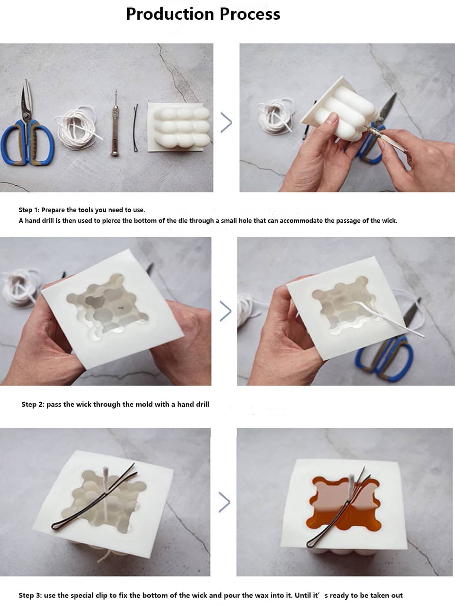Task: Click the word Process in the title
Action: tap(250, 14)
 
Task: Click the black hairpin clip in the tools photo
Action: tap(136, 128)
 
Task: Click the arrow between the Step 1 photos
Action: tap(226, 122)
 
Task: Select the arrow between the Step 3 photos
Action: tap(224, 502)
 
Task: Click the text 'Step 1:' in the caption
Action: tap(29, 210)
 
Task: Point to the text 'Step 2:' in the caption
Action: tap(33, 404)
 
